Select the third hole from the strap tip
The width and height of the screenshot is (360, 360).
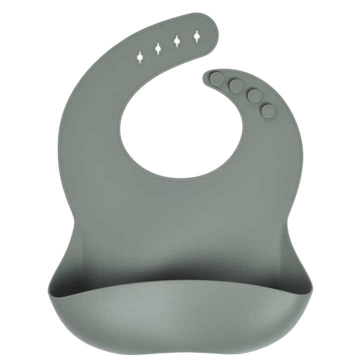157,48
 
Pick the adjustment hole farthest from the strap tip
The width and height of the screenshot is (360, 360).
138,56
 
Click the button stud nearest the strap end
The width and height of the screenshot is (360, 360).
216,78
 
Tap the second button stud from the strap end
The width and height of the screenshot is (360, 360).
235,85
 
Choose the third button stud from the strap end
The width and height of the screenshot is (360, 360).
254,95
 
